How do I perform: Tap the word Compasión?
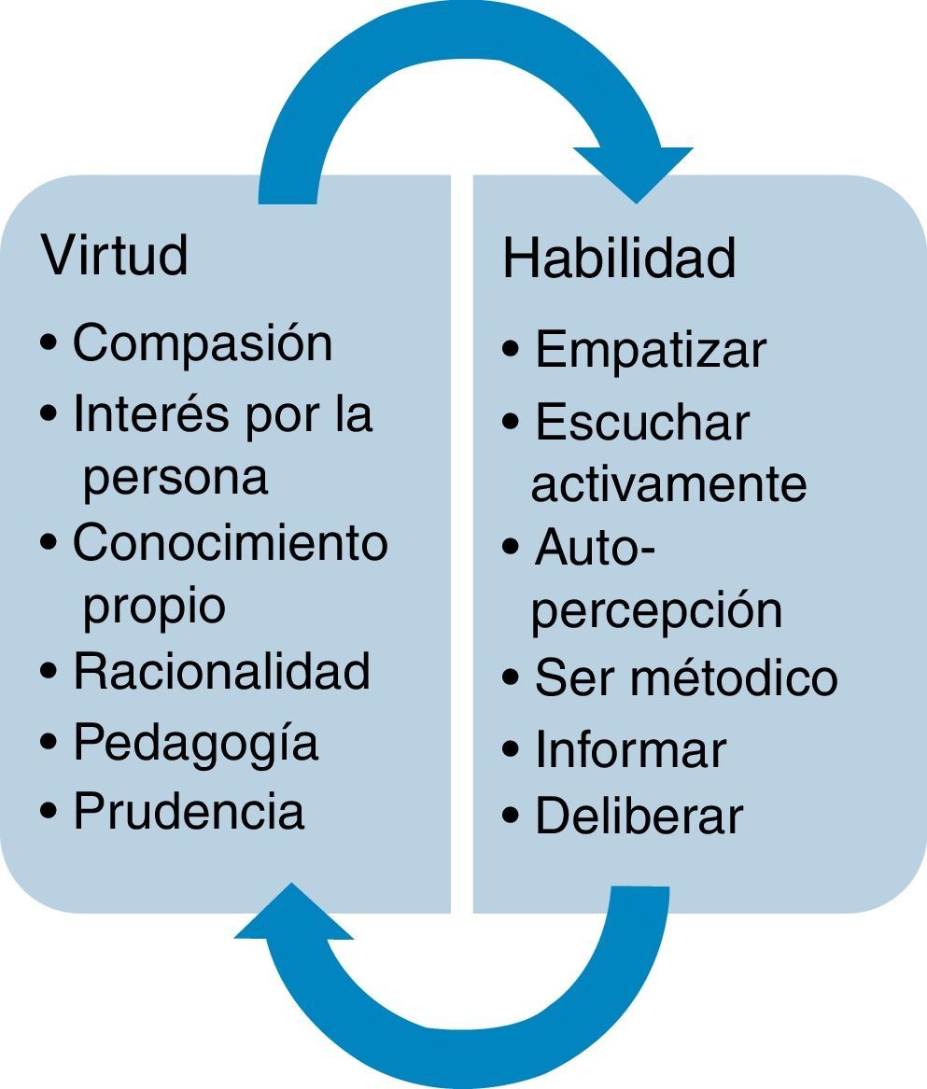[x=203, y=342]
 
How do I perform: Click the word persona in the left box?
[x=176, y=477]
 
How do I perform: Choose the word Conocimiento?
[x=230, y=542]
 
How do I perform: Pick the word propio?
[x=154, y=607]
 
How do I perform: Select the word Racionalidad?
[x=222, y=671]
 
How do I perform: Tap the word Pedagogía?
[x=196, y=743]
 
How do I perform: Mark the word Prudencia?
[x=190, y=811]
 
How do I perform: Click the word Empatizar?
[x=651, y=350]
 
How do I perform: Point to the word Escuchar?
[x=642, y=422]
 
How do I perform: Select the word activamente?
[x=668, y=484]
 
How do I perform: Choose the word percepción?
[x=656, y=610]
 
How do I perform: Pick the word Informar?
[x=630, y=749]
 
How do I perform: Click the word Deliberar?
[x=639, y=816]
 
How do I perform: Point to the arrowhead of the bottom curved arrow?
[x=293, y=913]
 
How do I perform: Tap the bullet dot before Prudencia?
[x=49, y=812]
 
